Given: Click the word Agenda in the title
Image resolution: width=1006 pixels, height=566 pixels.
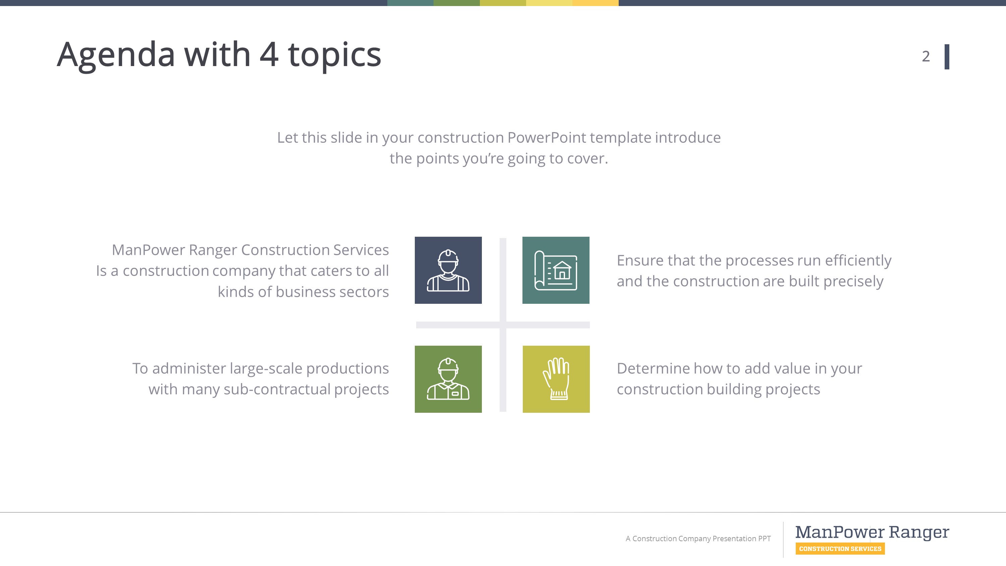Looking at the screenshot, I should click(116, 55).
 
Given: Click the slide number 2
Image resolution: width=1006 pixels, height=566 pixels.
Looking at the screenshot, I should click(926, 57).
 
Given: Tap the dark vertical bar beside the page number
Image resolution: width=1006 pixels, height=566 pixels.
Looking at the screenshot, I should click(947, 57).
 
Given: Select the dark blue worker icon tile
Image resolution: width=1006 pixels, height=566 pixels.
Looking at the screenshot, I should click(448, 270).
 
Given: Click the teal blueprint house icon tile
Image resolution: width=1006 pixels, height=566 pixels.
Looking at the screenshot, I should click(556, 270).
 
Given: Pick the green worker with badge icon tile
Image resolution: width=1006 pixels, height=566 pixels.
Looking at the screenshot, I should click(448, 379).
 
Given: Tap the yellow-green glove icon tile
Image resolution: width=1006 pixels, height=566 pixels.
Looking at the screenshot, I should click(556, 379).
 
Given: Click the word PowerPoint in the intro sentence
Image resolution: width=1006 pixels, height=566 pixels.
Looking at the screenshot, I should click(546, 137).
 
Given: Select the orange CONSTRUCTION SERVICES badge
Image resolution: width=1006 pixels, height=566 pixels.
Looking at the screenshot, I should click(840, 549).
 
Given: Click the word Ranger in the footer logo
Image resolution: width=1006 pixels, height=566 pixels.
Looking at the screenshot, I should click(918, 532).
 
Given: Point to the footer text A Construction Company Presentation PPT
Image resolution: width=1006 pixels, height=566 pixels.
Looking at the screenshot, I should click(698, 539).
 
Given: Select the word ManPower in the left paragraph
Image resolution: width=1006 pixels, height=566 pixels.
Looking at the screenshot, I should click(148, 250).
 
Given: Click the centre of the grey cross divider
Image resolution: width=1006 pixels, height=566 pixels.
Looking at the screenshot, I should click(503, 325).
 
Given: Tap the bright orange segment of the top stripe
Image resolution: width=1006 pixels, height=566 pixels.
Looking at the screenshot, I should click(595, 3).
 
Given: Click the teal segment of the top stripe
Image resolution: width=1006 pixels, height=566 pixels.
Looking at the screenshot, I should click(410, 3).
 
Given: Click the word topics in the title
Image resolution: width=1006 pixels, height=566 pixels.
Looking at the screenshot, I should click(334, 55).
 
